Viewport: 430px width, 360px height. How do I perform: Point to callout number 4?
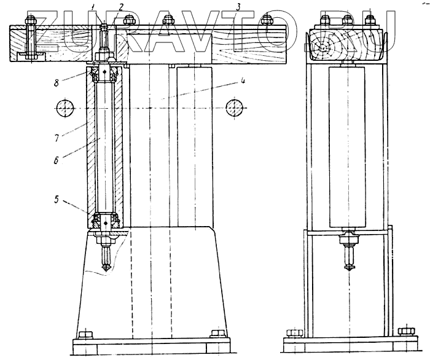pyautogui.click(x=244, y=80)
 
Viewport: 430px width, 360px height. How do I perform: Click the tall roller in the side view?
pyautogui.click(x=349, y=147)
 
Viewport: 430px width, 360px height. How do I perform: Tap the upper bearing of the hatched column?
pyautogui.click(x=105, y=74)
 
